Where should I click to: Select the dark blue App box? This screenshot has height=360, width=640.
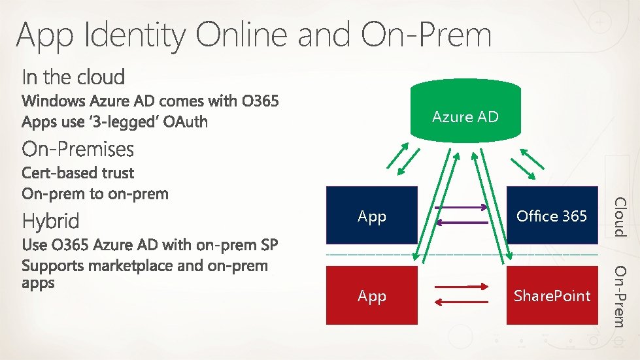click(x=371, y=216)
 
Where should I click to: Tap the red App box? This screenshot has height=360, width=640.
click(x=371, y=295)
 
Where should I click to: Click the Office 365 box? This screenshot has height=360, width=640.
click(x=552, y=216)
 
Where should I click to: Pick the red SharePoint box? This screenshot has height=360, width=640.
click(x=552, y=295)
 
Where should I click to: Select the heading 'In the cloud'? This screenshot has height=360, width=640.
click(x=73, y=77)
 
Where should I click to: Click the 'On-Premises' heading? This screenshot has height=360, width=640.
click(x=78, y=150)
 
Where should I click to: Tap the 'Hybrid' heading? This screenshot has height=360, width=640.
click(x=50, y=221)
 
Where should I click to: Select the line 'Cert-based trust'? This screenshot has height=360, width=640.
click(x=77, y=173)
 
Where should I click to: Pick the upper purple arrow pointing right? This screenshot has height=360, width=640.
click(x=462, y=208)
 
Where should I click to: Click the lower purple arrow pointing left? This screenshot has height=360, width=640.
click(x=462, y=223)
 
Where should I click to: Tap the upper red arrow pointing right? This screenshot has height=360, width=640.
click(x=462, y=287)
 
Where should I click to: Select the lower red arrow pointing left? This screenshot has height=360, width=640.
click(x=462, y=302)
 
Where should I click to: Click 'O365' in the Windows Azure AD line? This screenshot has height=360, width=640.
click(x=259, y=101)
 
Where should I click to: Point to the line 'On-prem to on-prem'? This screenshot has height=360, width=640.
click(x=95, y=194)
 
